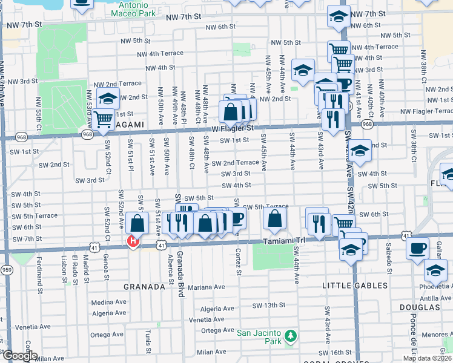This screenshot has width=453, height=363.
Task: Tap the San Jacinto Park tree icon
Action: (291, 335)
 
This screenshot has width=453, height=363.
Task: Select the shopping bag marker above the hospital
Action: (137, 223)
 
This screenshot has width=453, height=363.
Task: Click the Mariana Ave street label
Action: (206, 287)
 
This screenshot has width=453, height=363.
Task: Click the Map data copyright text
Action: (427, 358)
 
